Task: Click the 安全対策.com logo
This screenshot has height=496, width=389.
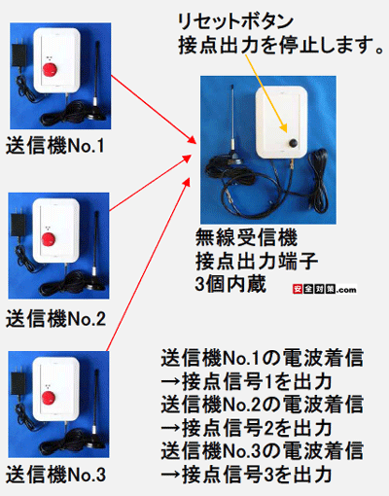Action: pyautogui.click(x=325, y=289)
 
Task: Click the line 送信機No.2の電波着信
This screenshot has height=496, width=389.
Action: pyautogui.click(x=263, y=405)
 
